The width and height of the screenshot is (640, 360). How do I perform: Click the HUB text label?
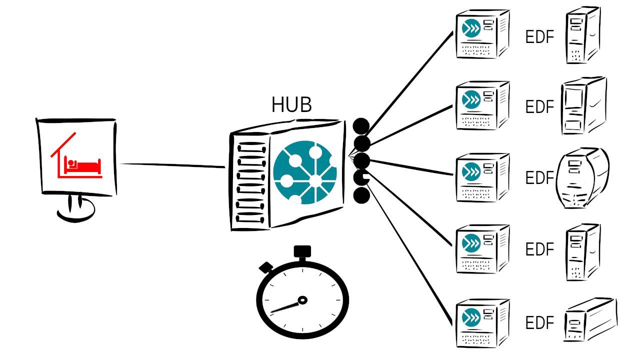pos(291,105)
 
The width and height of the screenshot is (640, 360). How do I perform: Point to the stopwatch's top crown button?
pos(302,251)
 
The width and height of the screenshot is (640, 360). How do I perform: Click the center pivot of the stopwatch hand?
pos(302,300)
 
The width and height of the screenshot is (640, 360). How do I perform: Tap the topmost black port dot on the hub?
pos(361,126)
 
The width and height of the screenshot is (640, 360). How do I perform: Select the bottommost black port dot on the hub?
pos(361,195)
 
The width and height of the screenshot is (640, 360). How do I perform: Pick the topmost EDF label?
pos(540,37)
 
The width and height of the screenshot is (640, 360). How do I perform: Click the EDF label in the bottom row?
pos(540,323)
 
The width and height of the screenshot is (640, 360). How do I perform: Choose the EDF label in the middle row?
pos(540,178)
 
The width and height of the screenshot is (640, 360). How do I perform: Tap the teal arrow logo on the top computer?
pos(471,28)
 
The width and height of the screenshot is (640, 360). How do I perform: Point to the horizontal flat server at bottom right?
pos(590,321)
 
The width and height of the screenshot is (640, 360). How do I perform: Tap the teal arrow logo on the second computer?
pos(471,98)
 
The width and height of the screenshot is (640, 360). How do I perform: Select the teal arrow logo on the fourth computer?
pos(471,243)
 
